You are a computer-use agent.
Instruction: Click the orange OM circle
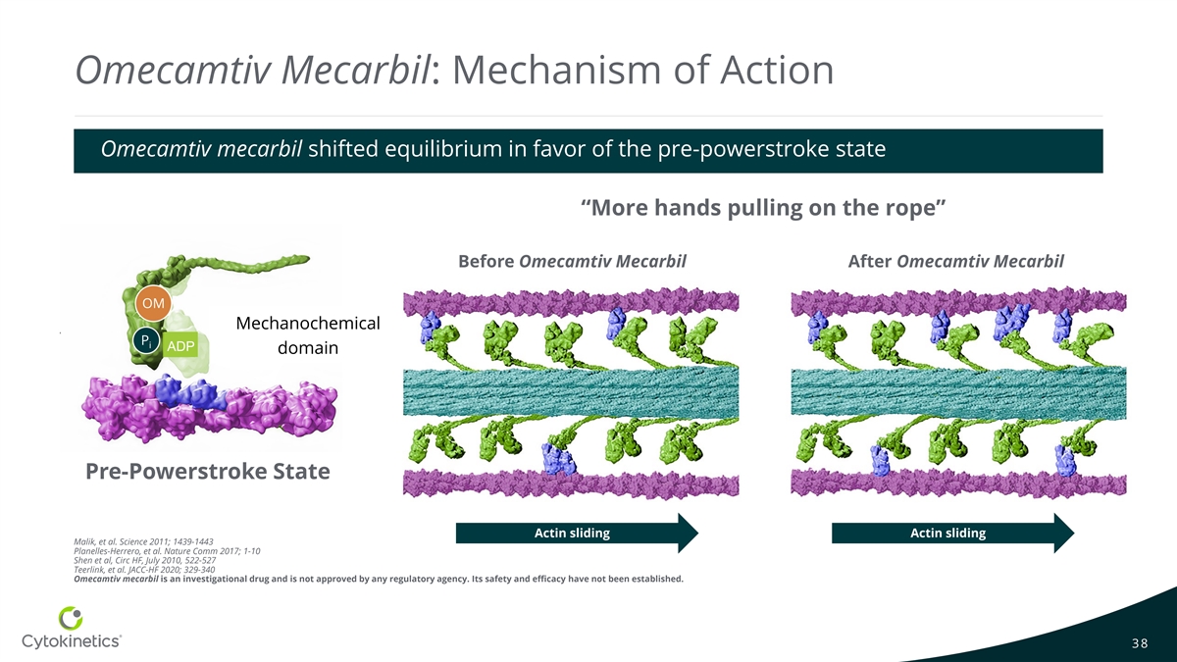coord(153,303)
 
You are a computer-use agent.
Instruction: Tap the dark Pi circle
coord(144,341)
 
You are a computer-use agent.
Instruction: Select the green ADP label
coord(180,346)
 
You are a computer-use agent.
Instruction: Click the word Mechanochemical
coord(308,324)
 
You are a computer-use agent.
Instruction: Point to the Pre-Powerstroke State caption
coord(208,472)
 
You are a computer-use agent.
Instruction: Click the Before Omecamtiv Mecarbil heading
coord(572,262)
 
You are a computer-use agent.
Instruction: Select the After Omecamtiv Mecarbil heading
coord(955,262)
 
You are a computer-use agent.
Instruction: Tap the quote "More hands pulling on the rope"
coord(762,208)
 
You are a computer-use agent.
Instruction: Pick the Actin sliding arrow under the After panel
coord(952,534)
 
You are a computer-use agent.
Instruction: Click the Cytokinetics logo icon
coord(72,618)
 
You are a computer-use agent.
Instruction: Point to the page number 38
coord(1139,643)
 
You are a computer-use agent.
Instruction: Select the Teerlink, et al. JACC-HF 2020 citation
coord(144,569)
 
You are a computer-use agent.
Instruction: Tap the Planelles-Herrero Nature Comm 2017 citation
coord(167,551)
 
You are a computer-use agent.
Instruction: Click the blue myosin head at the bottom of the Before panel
coord(558,457)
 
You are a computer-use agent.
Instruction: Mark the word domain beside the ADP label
coord(308,347)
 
